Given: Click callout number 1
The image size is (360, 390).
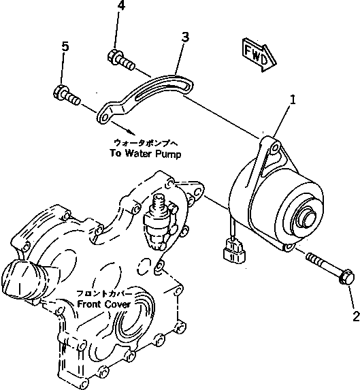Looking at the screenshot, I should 292,101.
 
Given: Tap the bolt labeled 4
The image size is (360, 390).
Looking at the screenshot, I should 120,61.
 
